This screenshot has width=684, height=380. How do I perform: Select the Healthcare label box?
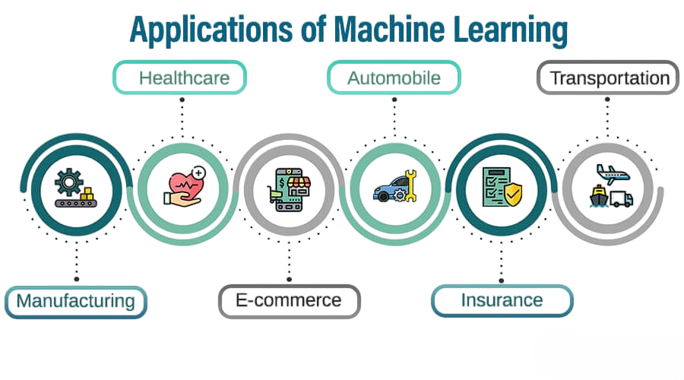pos(181,78)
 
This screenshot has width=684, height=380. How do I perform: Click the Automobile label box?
pos(394,78)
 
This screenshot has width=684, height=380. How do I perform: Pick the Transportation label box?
pos(608,78)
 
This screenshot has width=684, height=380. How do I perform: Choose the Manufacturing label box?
pos(76,300)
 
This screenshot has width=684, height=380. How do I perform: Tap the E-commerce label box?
pos(289,300)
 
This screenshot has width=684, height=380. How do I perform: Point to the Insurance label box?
pos(502,300)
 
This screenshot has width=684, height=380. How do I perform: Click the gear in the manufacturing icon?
pos(67,182)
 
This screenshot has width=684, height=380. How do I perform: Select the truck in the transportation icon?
pos(621,199)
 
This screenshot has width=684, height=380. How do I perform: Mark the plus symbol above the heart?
pos(199,173)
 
